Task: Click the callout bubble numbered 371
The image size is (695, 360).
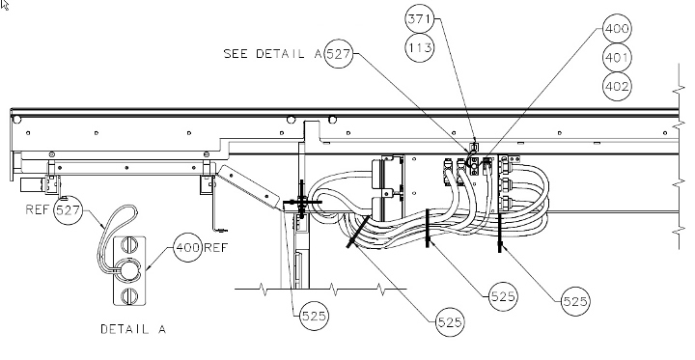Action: point(419,19)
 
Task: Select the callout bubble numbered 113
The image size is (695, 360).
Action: point(419,47)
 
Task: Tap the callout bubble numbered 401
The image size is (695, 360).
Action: point(617,58)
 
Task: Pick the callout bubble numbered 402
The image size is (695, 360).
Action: point(617,87)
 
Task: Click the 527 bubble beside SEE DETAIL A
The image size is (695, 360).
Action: point(339,54)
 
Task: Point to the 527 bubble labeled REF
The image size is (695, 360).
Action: point(68,210)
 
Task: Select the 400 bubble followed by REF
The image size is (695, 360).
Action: point(188,247)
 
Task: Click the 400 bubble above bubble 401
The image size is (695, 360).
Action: point(617,29)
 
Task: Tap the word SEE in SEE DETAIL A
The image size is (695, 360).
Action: point(236,54)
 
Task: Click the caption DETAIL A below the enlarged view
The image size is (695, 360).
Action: point(133,329)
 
